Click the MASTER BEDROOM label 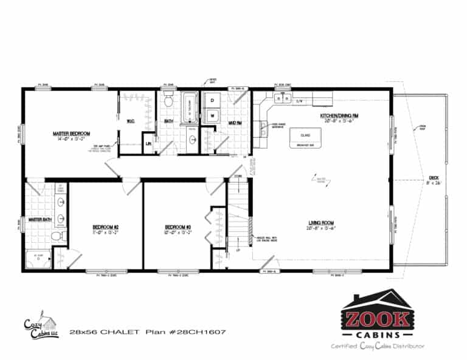[72, 133]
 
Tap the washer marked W [213, 114]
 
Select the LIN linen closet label [148, 143]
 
